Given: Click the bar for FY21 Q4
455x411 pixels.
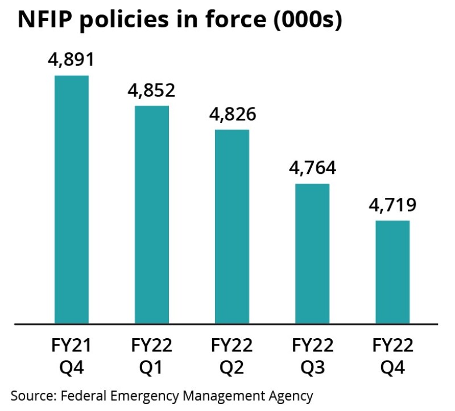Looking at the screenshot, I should pyautogui.click(x=71, y=199).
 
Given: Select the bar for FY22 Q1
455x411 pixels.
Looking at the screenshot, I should pyautogui.click(x=151, y=214).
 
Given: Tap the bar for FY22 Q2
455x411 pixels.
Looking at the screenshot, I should pyautogui.click(x=231, y=226).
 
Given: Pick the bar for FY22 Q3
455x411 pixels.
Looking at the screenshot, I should pyautogui.click(x=312, y=254).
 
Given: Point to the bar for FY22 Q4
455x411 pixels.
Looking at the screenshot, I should pyautogui.click(x=392, y=272).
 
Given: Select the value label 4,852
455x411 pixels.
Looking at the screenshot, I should pyautogui.click(x=151, y=90).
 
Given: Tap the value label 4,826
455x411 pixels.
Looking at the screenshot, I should pyautogui.click(x=231, y=114).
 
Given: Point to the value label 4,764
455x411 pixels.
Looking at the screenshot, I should pyautogui.click(x=312, y=168).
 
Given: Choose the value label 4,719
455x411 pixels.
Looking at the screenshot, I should pyautogui.click(x=392, y=205).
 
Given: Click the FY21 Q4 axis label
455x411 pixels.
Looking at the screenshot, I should pyautogui.click(x=71, y=356).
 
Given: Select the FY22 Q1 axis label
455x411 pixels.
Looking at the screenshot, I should pyautogui.click(x=151, y=356).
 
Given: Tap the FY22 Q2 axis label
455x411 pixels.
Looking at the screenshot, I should pyautogui.click(x=231, y=356).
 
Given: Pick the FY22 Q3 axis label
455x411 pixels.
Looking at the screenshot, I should pyautogui.click(x=312, y=356).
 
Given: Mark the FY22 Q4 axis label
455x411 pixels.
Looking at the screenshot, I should pyautogui.click(x=392, y=356).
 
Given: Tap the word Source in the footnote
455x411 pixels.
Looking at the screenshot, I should pyautogui.click(x=29, y=395).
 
